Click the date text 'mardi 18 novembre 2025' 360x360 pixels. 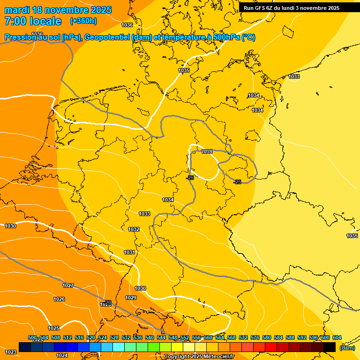click(x=58, y=10)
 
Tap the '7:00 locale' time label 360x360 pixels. click(x=33, y=21)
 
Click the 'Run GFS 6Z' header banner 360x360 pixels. click(x=291, y=8)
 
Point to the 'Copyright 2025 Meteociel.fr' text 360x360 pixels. click(x=199, y=356)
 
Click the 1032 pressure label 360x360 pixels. click(x=134, y=229)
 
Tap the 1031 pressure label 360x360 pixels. click(x=129, y=252)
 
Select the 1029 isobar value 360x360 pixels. click(x=131, y=298)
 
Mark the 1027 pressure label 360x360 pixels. click(x=68, y=285)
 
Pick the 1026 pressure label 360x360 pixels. click(x=59, y=299)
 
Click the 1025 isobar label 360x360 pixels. click(x=53, y=328)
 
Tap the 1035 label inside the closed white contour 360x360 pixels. click(x=207, y=151)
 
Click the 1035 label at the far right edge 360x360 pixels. click(x=352, y=236)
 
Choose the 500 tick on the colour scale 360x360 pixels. click(x=32, y=338)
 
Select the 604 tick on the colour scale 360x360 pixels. click(x=337, y=338)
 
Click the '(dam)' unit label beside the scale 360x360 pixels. click(x=347, y=347)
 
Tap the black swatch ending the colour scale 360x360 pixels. click(x=329, y=347)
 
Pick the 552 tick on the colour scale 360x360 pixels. click(x=185, y=338)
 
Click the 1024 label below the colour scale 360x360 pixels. click(x=62, y=355)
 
